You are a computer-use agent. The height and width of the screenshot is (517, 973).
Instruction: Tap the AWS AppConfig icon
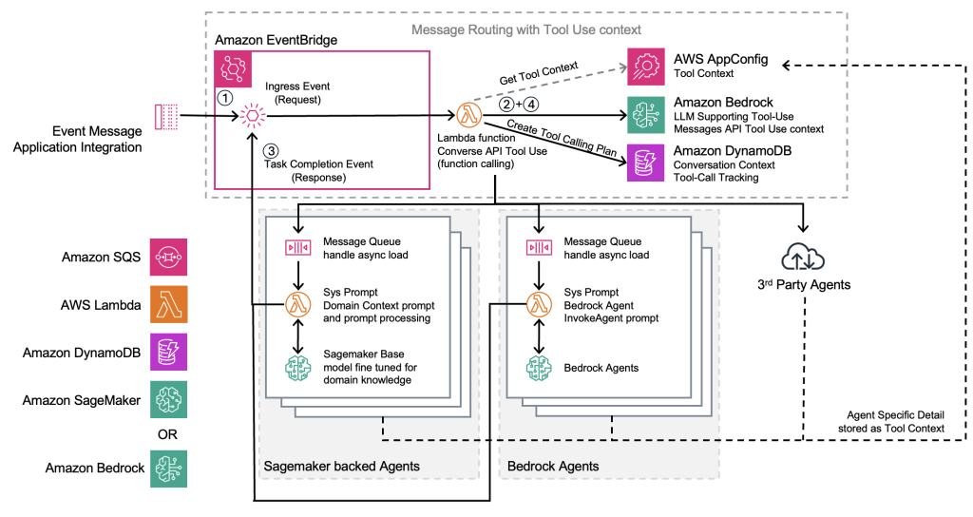[x=646, y=66]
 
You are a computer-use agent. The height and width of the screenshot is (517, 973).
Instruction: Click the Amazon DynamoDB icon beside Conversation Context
[x=646, y=163]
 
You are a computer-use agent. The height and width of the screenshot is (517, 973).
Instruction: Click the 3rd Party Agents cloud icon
[x=804, y=257]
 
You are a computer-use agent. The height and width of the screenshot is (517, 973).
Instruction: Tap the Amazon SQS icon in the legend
[x=169, y=257]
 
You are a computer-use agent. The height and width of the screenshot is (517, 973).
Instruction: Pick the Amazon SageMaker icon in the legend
[x=169, y=400]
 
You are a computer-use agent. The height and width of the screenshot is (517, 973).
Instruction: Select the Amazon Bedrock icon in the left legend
[x=169, y=469]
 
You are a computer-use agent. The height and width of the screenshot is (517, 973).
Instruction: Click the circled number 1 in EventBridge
[x=225, y=97]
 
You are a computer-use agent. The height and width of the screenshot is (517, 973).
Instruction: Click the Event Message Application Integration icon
[x=166, y=117]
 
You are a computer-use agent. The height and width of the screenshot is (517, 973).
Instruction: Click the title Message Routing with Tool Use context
[x=525, y=30]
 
